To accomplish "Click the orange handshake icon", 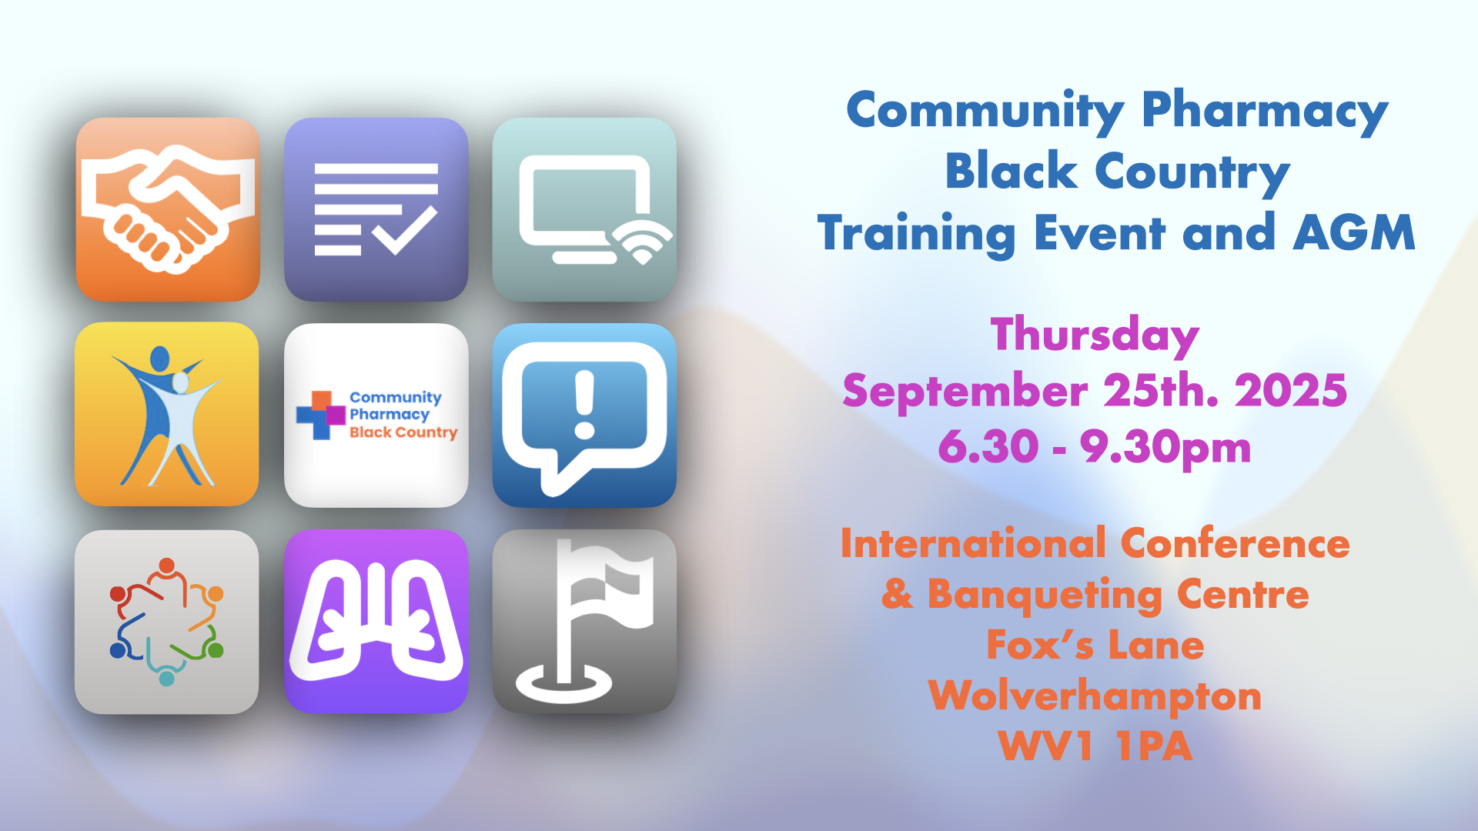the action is click(x=168, y=209).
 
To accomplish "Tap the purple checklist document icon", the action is click(x=376, y=209).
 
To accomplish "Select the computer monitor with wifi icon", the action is click(x=584, y=209).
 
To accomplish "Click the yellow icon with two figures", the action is click(x=167, y=414).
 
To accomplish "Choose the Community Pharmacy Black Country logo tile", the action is click(x=376, y=415).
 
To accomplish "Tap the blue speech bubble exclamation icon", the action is click(x=584, y=415).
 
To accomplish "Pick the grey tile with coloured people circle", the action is click(x=167, y=622).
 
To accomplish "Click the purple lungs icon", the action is click(x=376, y=622).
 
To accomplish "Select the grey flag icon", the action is click(x=584, y=622).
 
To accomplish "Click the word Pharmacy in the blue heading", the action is click(x=1265, y=112).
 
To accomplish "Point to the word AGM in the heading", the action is click(x=1354, y=232).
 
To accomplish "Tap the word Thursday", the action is click(x=1095, y=336).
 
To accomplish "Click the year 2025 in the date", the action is click(x=1291, y=391).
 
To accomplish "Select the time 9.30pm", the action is click(x=1165, y=448).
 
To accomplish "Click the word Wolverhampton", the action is click(x=1095, y=697).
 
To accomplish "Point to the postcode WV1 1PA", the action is click(x=1095, y=746).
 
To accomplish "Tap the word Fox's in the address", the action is click(x=1040, y=645).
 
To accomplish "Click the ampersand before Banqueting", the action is click(x=898, y=594).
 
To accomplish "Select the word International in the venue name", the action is click(x=974, y=543).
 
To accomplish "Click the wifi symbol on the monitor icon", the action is click(x=643, y=241).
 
